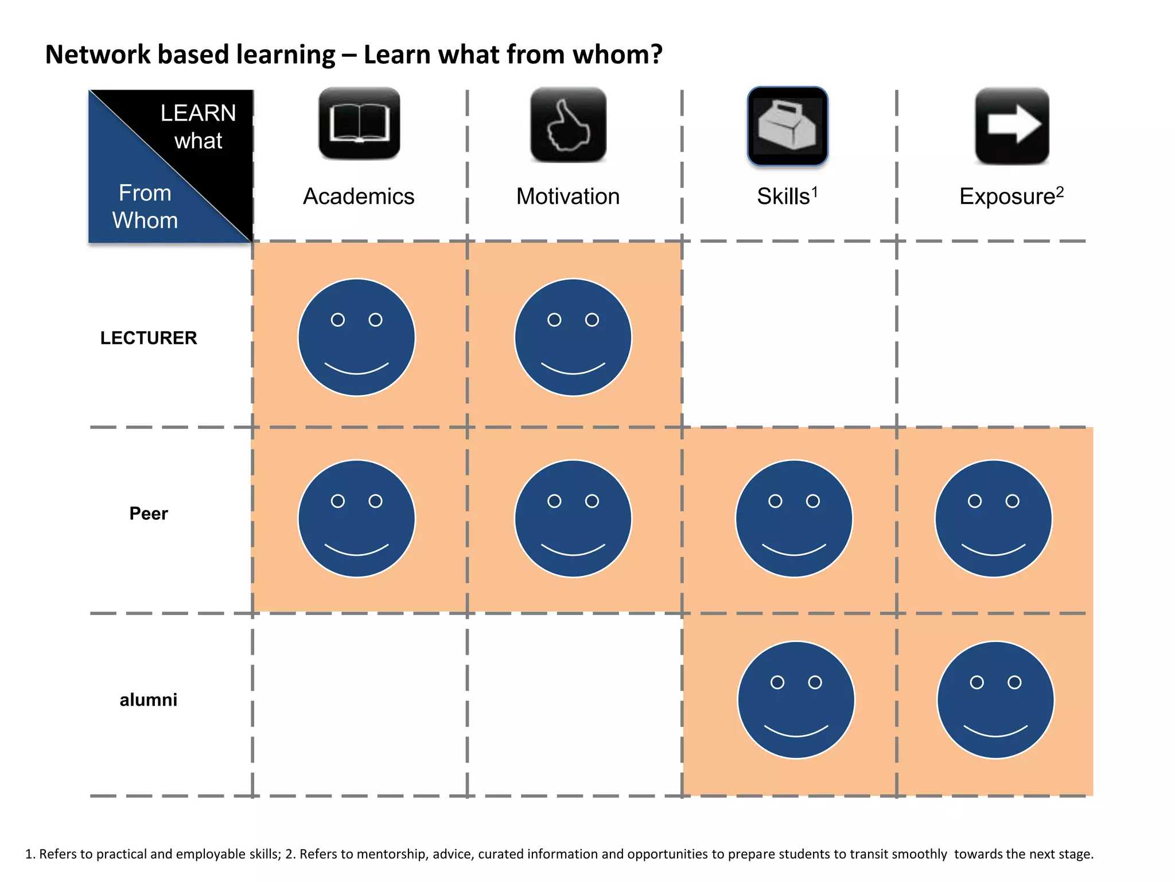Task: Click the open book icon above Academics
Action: (x=359, y=123)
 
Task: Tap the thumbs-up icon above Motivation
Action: (x=568, y=125)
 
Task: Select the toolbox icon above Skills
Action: (x=787, y=126)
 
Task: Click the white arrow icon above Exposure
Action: (x=1012, y=125)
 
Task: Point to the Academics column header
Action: (x=359, y=196)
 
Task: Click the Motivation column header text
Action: (x=568, y=196)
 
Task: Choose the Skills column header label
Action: (x=784, y=196)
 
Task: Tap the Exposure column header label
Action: (x=1008, y=196)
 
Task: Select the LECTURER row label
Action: (x=149, y=338)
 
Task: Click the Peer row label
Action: (x=149, y=513)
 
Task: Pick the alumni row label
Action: (x=149, y=699)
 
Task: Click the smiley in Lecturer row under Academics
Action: (x=356, y=338)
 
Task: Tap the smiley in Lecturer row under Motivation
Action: (x=573, y=338)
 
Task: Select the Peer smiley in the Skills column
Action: (x=794, y=519)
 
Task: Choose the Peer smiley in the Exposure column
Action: (x=994, y=519)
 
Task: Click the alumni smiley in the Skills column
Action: (x=796, y=700)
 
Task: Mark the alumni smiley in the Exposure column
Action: (x=995, y=700)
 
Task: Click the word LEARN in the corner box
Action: (x=198, y=113)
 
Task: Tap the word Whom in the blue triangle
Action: (x=145, y=220)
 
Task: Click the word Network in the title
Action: (x=97, y=55)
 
